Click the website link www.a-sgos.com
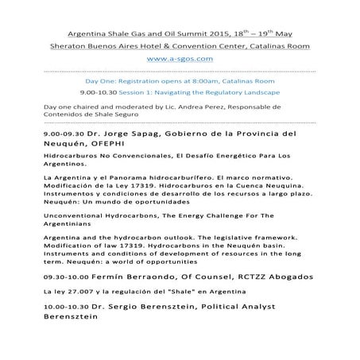click(180, 58)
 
